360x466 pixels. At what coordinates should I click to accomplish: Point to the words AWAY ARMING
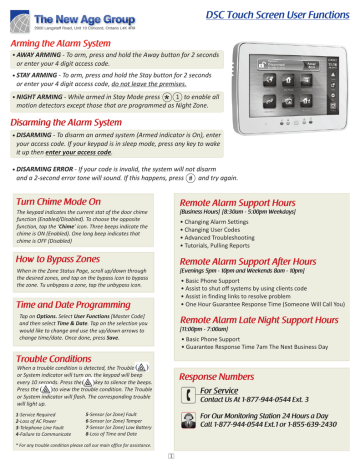pos(37,54)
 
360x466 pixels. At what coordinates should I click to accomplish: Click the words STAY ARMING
pos(35,76)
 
